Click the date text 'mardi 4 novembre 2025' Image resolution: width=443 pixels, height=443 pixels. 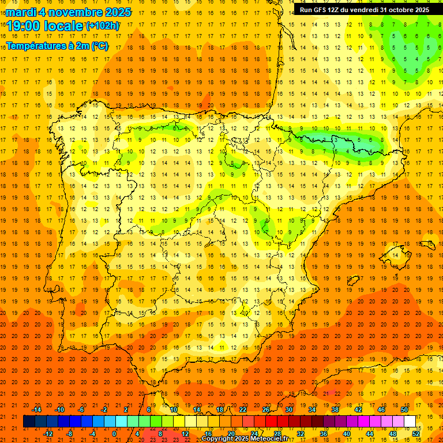69,12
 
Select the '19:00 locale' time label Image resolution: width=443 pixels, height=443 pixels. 45,25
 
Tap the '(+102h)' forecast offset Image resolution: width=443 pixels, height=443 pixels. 103,25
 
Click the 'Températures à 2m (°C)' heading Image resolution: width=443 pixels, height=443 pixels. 57,46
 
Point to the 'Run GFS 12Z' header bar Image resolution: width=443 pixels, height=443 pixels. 365,9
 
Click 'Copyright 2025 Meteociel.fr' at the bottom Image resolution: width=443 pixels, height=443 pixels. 253,439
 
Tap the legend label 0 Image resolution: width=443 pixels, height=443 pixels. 114,434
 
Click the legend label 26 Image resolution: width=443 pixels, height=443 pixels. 266,410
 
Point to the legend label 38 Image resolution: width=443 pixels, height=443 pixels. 335,410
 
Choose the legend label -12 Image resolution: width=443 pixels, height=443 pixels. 48,434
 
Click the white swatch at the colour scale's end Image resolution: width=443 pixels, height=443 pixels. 410,422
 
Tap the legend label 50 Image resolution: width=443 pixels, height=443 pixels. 404,410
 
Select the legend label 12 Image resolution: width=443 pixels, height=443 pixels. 185,434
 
